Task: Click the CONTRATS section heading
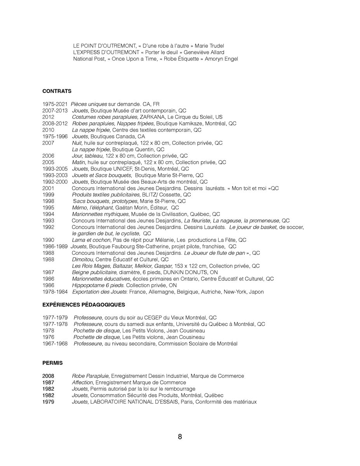[x=57, y=91]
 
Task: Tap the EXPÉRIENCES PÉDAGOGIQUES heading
[x=83, y=305]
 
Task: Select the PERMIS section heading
[x=52, y=363]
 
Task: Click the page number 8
[x=180, y=437]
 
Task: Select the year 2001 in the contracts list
[x=49, y=188]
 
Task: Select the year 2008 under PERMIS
[x=49, y=376]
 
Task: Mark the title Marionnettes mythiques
[x=100, y=214]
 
